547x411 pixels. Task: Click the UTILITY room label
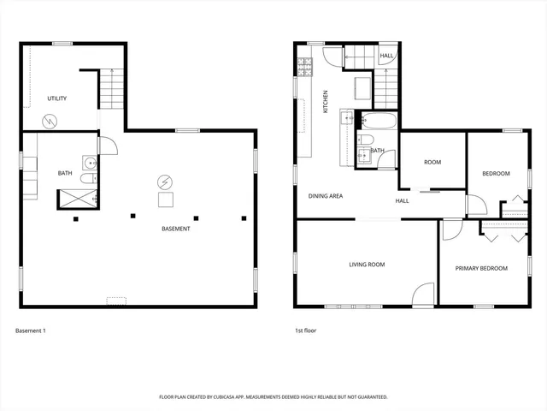(x=57, y=98)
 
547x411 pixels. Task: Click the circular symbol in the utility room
(x=50, y=121)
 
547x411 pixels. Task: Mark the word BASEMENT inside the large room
(x=176, y=229)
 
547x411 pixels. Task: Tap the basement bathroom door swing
(x=107, y=145)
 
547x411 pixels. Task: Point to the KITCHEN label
(x=325, y=102)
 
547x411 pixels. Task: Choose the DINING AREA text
(x=326, y=196)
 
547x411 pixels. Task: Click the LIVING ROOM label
(x=367, y=265)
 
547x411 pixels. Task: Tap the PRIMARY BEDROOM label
(x=481, y=268)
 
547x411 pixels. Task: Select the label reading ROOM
(x=432, y=162)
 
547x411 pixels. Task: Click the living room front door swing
(x=422, y=295)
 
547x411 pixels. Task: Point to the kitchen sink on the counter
(x=345, y=117)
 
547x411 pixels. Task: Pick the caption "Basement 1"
(x=31, y=330)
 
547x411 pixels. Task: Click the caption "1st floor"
(x=306, y=330)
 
